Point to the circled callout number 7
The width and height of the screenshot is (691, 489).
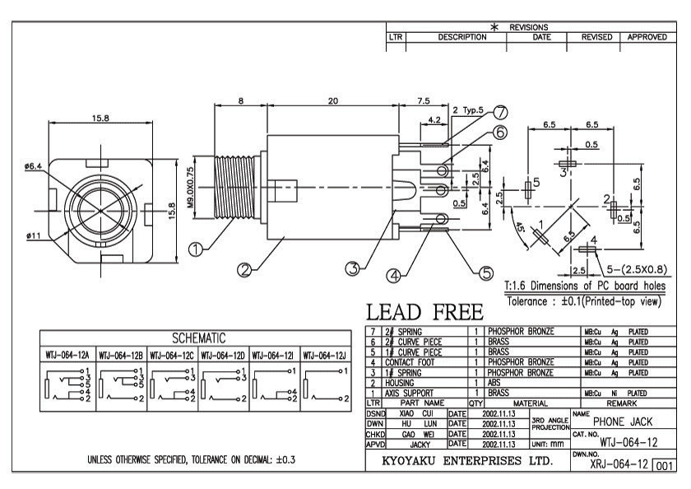click(x=500, y=114)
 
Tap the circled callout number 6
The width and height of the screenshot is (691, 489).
click(x=500, y=132)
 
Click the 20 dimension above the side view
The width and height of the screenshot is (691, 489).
click(x=332, y=100)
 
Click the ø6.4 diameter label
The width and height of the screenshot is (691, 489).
click(x=34, y=164)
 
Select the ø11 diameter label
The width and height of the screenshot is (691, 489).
click(x=34, y=236)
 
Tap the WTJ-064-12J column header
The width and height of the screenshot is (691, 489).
click(x=327, y=356)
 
